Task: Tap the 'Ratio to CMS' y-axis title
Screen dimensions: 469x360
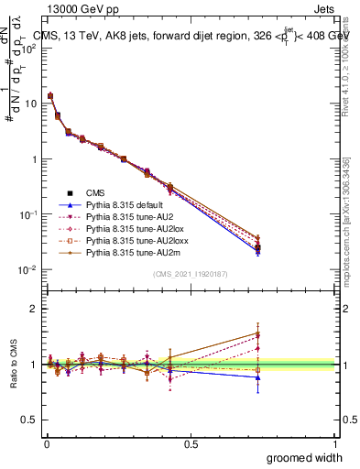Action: pos(12,365)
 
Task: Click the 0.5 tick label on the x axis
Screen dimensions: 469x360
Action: pos(191,443)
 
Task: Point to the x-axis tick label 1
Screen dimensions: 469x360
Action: pos(335,443)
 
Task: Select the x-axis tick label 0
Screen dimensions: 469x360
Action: pos(46,443)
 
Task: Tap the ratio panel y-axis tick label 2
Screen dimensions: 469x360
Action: pos(35,309)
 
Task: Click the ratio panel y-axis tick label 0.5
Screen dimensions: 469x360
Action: pos(31,420)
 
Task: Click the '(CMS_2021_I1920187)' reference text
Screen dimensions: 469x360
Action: pos(191,274)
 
